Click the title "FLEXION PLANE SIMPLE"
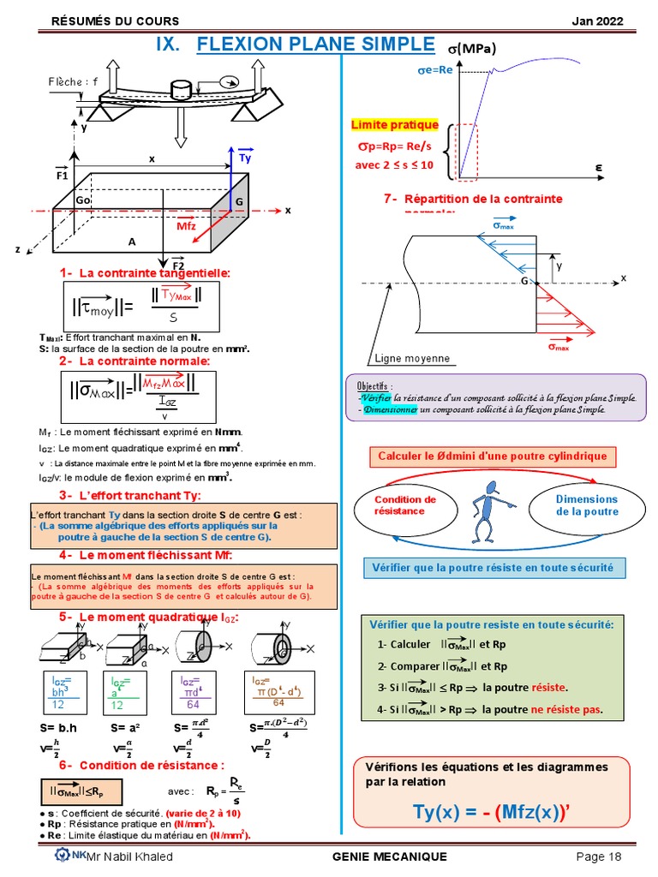(315, 45)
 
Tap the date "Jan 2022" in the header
(597, 21)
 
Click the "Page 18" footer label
(598, 856)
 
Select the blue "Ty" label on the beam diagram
(245, 158)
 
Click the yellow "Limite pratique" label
(395, 124)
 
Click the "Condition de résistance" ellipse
(405, 505)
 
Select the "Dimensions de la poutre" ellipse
(587, 505)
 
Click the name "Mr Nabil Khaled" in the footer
(130, 856)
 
